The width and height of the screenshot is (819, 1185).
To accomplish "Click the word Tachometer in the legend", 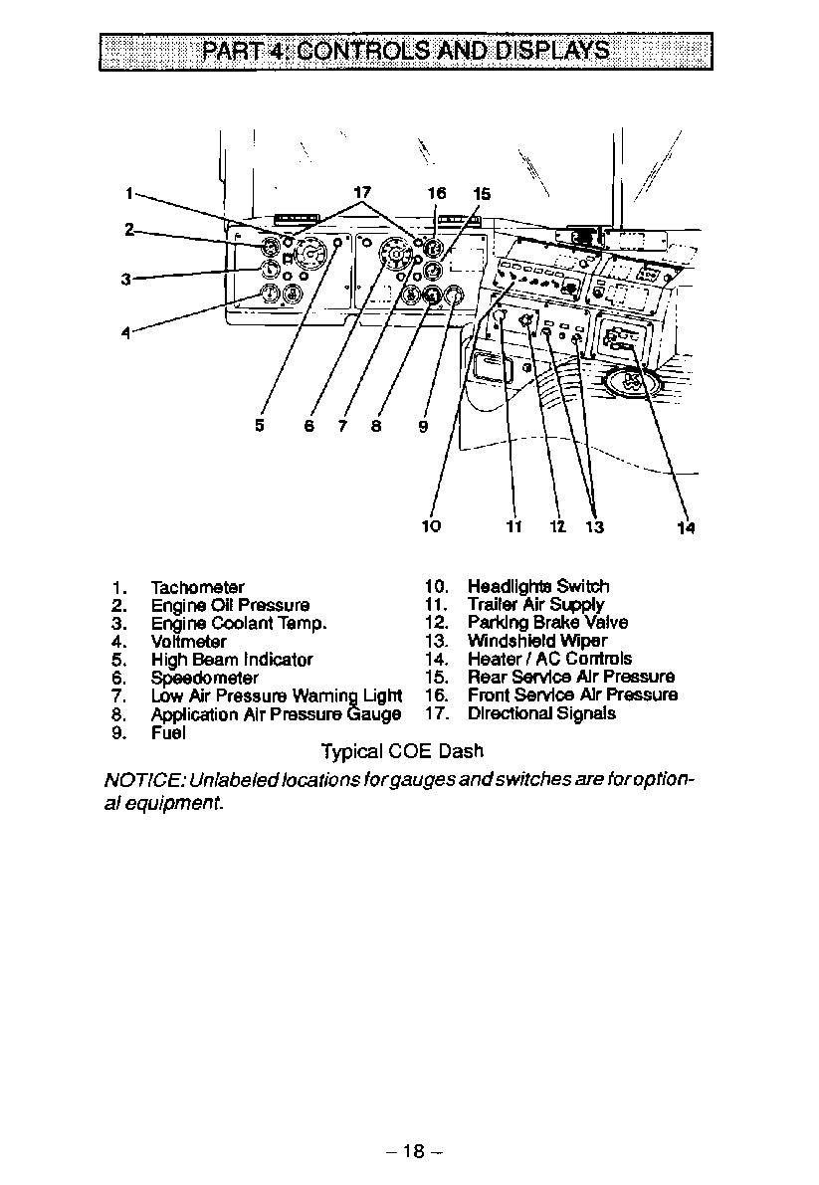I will tap(197, 587).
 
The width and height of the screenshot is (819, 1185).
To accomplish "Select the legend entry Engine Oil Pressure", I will tap(230, 605).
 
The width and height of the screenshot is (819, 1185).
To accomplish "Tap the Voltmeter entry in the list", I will tap(188, 642).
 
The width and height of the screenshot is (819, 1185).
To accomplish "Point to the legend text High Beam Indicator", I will tap(232, 660).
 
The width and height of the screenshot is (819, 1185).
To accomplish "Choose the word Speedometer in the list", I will tap(204, 678).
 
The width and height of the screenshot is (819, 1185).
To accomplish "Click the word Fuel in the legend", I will tap(168, 733).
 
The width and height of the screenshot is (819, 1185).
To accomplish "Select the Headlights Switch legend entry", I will tap(538, 587).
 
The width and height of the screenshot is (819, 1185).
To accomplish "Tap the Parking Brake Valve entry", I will tap(547, 623).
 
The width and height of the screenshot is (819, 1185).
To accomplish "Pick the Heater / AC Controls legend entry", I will tap(549, 659).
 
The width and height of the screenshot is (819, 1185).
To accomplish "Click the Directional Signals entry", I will tap(541, 713).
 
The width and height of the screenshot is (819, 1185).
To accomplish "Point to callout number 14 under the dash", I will tap(686, 528).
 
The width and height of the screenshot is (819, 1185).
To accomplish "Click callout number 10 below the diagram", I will tap(431, 525).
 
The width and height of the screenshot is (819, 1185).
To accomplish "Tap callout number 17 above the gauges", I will tap(362, 192).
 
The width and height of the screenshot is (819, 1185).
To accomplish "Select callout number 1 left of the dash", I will tap(128, 192).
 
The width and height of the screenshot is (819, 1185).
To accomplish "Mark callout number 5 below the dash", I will tap(260, 425).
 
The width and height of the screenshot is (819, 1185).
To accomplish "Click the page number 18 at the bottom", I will tap(413, 1151).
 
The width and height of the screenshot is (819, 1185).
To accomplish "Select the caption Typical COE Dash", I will tap(402, 752).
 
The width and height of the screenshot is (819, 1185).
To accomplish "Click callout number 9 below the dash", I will tap(423, 426).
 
